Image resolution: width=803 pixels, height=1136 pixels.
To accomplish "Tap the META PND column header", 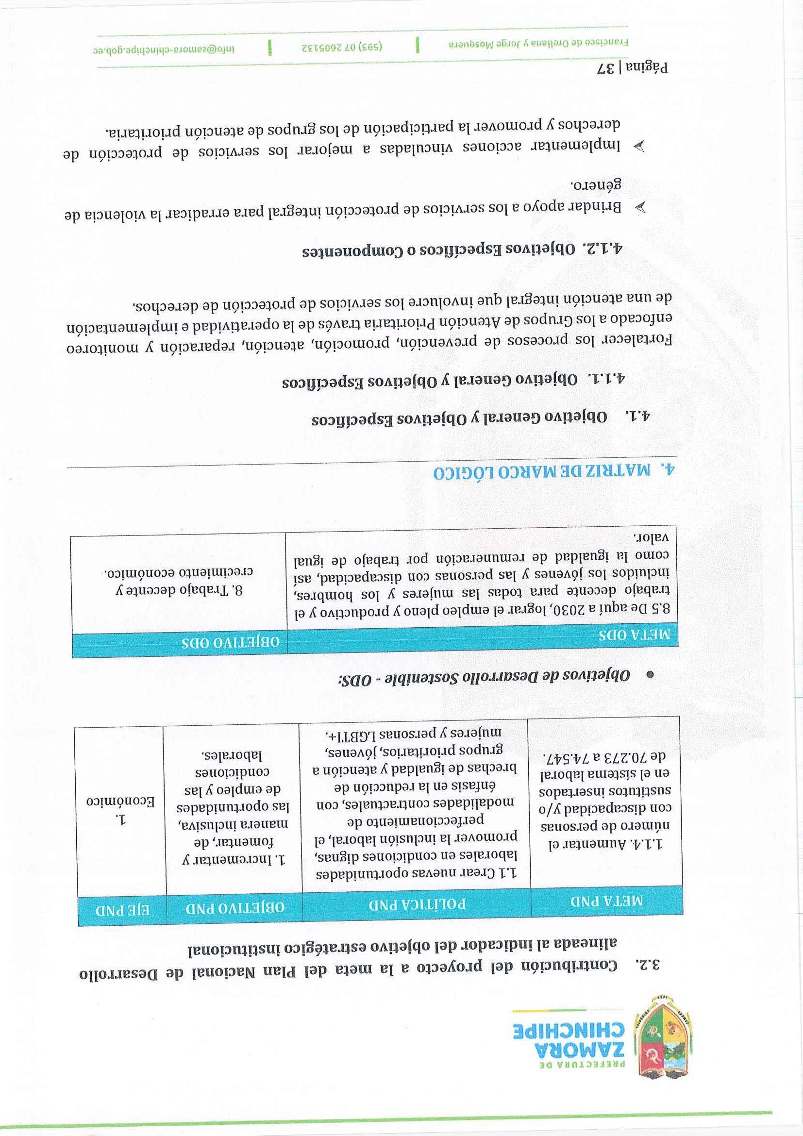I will pyautogui.click(x=606, y=902).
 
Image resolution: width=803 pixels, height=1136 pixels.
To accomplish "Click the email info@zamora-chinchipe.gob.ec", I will pyautogui.click(x=164, y=50).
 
